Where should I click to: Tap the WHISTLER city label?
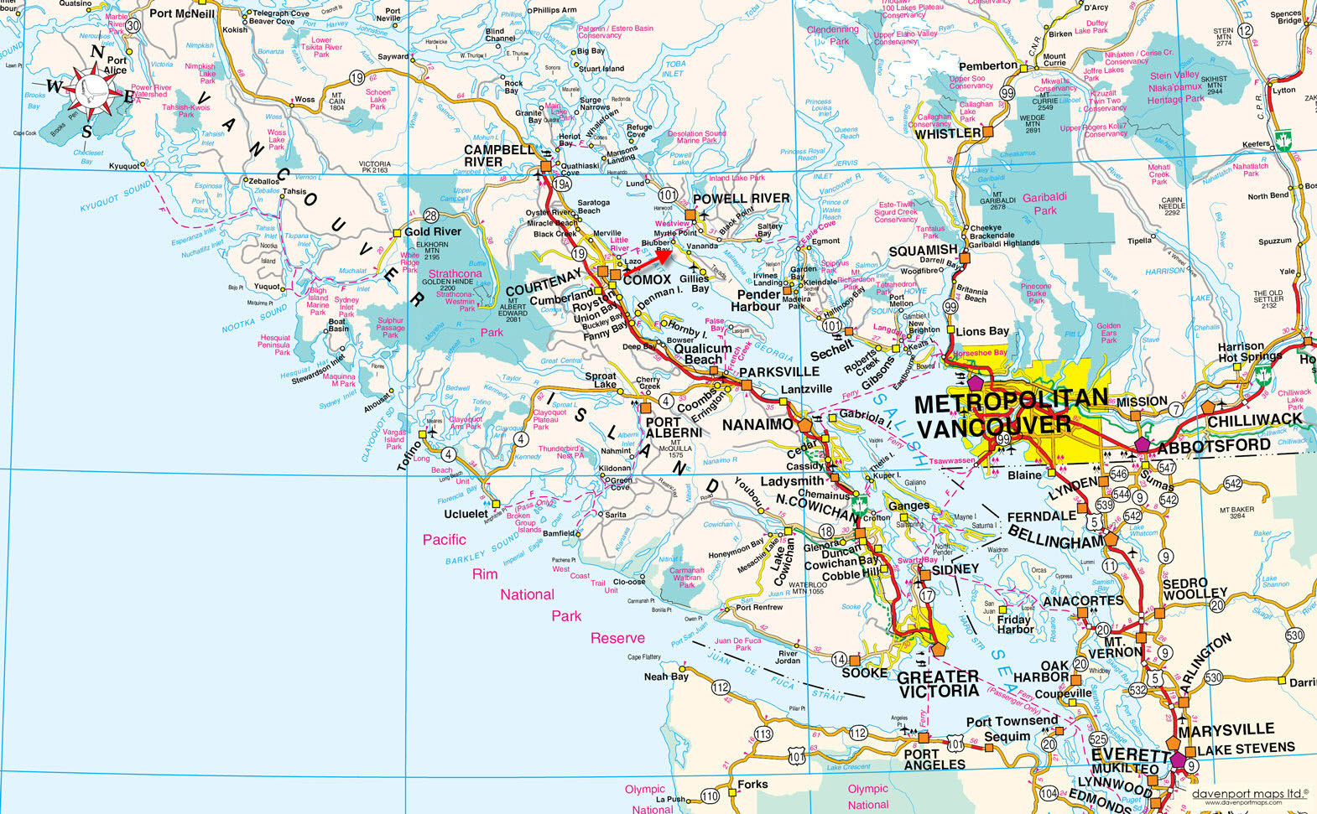(948, 134)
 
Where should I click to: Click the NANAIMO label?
(757, 425)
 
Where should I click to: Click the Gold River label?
(433, 232)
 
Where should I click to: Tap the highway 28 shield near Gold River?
(431, 215)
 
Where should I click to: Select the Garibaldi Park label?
(1044, 204)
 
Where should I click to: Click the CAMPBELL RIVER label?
(498, 155)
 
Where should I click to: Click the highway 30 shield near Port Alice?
(133, 25)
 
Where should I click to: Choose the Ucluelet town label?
(466, 513)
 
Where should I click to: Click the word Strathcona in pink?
(455, 274)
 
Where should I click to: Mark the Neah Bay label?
(666, 677)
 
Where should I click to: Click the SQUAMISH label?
(923, 250)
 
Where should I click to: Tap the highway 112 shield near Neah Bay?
(721, 687)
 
